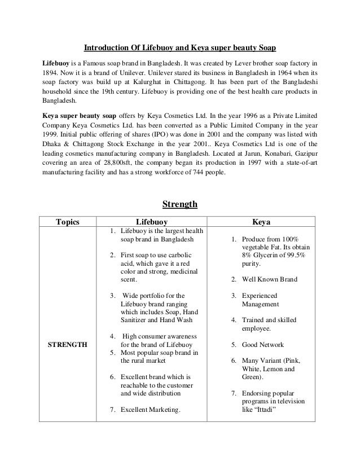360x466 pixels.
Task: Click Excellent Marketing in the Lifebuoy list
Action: click(x=150, y=410)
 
